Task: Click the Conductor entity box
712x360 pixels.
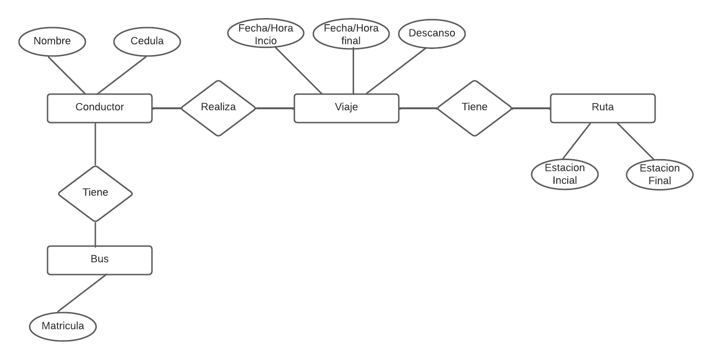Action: pyautogui.click(x=100, y=108)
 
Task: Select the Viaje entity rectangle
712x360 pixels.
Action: pyautogui.click(x=346, y=108)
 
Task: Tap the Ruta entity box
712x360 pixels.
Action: pyautogui.click(x=602, y=108)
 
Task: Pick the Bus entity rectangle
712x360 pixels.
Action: pyautogui.click(x=100, y=260)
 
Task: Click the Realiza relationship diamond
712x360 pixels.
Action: pyautogui.click(x=218, y=108)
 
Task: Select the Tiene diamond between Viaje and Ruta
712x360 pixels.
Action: pyautogui.click(x=475, y=108)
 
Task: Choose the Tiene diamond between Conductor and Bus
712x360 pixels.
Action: pyautogui.click(x=95, y=193)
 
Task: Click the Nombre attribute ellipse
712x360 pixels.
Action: pyautogui.click(x=52, y=41)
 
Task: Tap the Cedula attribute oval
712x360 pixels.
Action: pyautogui.click(x=147, y=41)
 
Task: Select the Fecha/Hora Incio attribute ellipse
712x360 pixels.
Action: pyautogui.click(x=266, y=35)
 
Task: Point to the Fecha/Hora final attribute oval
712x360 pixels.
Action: pyautogui.click(x=351, y=35)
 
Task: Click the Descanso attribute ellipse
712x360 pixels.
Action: pyautogui.click(x=432, y=34)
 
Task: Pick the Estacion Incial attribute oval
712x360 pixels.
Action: pyautogui.click(x=565, y=174)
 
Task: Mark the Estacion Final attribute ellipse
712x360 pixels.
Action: pyautogui.click(x=660, y=174)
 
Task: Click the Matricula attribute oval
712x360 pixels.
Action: pyautogui.click(x=63, y=326)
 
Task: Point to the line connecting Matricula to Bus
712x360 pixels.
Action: pyautogui.click(x=82, y=293)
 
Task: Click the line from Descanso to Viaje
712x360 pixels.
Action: pyautogui.click(x=396, y=71)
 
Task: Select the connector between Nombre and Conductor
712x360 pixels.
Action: pyautogui.click(x=66, y=75)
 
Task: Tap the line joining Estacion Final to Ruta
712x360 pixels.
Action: pyautogui.click(x=636, y=141)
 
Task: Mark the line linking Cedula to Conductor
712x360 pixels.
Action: pyautogui.click(x=122, y=75)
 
